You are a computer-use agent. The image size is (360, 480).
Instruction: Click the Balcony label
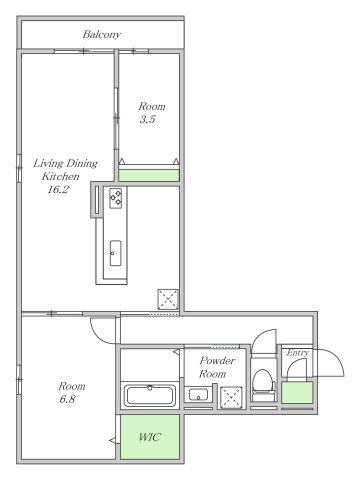[102, 34]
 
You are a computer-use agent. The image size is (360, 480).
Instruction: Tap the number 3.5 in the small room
[147, 119]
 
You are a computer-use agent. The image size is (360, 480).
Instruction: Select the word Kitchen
[61, 176]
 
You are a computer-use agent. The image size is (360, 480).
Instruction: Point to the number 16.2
[58, 189]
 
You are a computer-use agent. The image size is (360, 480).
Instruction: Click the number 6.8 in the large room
[67, 399]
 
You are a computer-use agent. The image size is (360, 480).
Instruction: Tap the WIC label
[150, 436]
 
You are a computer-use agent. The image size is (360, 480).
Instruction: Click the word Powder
[217, 360]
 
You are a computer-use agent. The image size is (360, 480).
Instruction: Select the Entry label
[298, 353]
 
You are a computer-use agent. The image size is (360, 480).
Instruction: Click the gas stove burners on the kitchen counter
[116, 198]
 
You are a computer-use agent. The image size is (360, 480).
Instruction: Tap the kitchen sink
[116, 253]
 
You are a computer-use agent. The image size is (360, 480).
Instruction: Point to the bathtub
[150, 396]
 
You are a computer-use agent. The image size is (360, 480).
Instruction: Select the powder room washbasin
[198, 395]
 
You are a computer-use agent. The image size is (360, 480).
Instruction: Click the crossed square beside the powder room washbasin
[231, 397]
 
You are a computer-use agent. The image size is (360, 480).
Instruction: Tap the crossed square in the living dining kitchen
[168, 299]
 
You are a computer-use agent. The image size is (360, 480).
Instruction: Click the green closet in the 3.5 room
[149, 175]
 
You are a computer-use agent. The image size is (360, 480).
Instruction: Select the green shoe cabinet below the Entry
[297, 393]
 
